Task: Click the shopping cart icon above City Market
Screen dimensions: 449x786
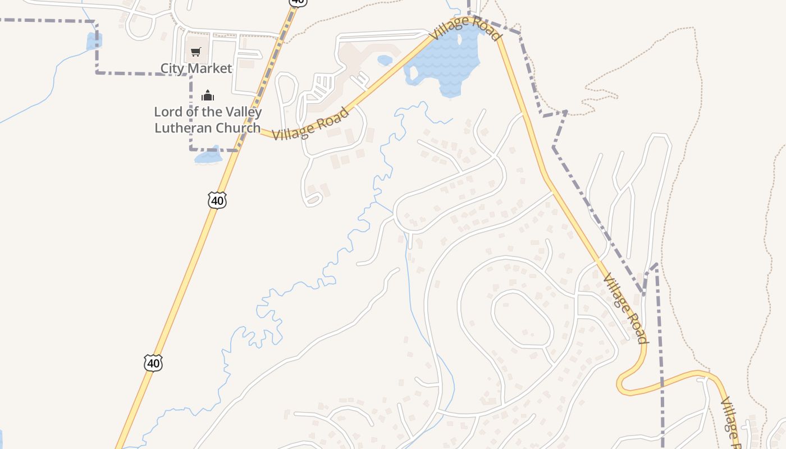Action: click(x=195, y=52)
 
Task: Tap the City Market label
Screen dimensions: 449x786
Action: click(x=196, y=68)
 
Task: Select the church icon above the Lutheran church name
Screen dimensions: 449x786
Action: click(x=208, y=95)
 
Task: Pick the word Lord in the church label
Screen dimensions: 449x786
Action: click(x=167, y=112)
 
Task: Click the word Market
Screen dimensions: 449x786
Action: click(x=211, y=68)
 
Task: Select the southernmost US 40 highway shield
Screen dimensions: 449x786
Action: click(x=153, y=363)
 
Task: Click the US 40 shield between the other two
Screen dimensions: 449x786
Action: click(x=217, y=200)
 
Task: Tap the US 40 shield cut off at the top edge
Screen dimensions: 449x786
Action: click(x=298, y=2)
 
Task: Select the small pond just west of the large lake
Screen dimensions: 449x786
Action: click(x=385, y=59)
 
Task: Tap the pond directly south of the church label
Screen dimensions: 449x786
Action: click(x=208, y=155)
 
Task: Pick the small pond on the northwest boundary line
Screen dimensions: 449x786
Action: click(x=93, y=41)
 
